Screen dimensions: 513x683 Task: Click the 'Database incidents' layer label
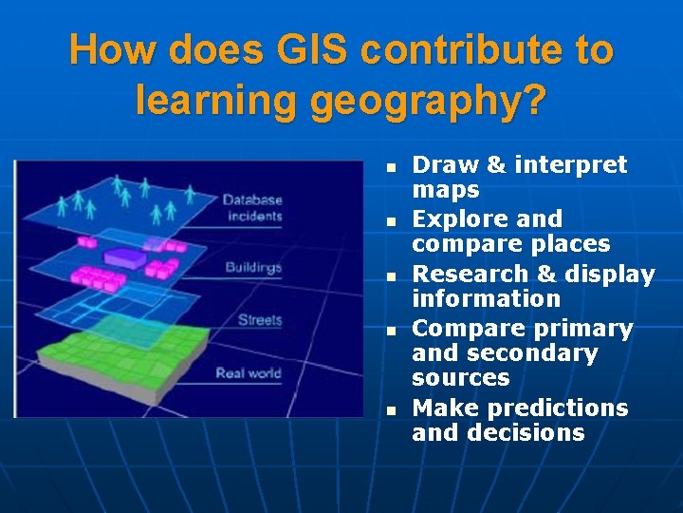point(252,208)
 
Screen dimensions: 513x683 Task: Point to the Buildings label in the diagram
point(253,267)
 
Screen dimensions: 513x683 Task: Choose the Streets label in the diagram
point(259,320)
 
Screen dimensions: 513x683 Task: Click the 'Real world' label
point(249,372)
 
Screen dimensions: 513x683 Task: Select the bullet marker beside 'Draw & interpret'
point(389,167)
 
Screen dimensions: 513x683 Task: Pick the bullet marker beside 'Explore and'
point(389,221)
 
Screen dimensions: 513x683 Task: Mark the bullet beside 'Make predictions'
point(389,410)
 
